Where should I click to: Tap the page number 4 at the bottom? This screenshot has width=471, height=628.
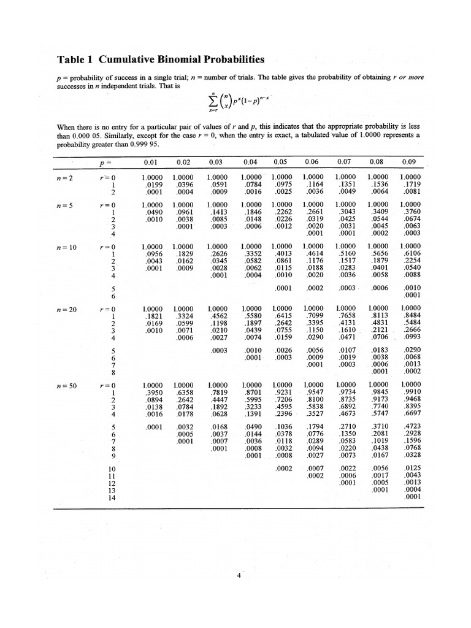(x=239, y=575)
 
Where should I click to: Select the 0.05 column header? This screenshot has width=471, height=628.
(x=280, y=163)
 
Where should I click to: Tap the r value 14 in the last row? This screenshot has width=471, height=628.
(x=112, y=497)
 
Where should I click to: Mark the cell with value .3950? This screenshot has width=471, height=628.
(x=152, y=395)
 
